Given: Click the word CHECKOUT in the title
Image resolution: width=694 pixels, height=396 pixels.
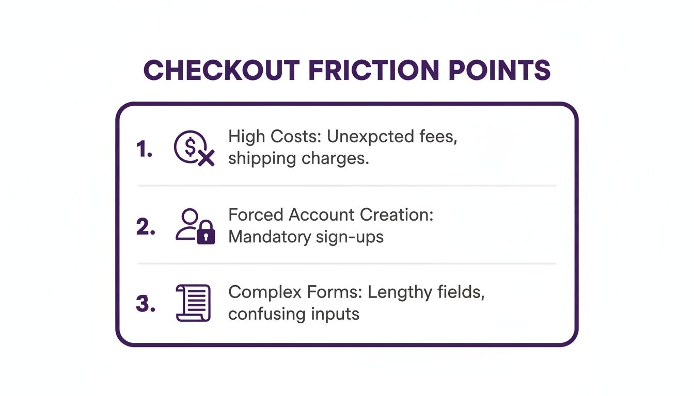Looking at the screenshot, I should pos(222,71).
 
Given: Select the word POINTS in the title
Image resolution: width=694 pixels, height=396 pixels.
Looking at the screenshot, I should pos(499,71).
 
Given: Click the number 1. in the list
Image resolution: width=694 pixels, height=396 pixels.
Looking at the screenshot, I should pos(145,149).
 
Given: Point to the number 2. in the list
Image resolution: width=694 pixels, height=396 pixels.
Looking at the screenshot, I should pos(146,227).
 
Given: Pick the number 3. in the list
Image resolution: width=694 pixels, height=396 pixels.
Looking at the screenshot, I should pos(146,304).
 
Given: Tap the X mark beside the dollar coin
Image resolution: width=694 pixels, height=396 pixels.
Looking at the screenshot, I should pos(206,158).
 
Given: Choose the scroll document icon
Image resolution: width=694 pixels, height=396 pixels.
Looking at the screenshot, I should pos(193,303).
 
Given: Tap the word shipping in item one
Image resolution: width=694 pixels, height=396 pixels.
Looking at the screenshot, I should pos(261,158).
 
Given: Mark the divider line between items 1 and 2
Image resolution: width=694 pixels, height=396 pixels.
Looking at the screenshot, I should pos(346,186).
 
